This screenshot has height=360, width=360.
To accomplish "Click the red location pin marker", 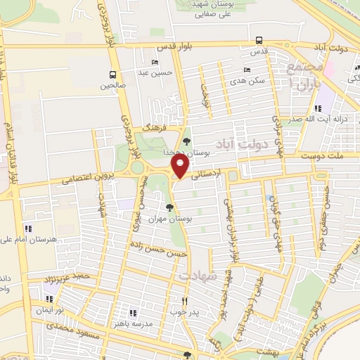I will (x=181, y=167).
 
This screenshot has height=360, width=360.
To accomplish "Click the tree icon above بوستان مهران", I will (x=169, y=207).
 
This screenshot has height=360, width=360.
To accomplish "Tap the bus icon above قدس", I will (x=259, y=40).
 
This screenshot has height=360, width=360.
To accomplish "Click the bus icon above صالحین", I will (x=112, y=74).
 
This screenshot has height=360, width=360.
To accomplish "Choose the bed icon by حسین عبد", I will (x=155, y=63).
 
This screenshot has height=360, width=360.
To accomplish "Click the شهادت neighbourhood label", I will (x=195, y=276).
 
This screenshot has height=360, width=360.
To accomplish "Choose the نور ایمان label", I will (x=51, y=309).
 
